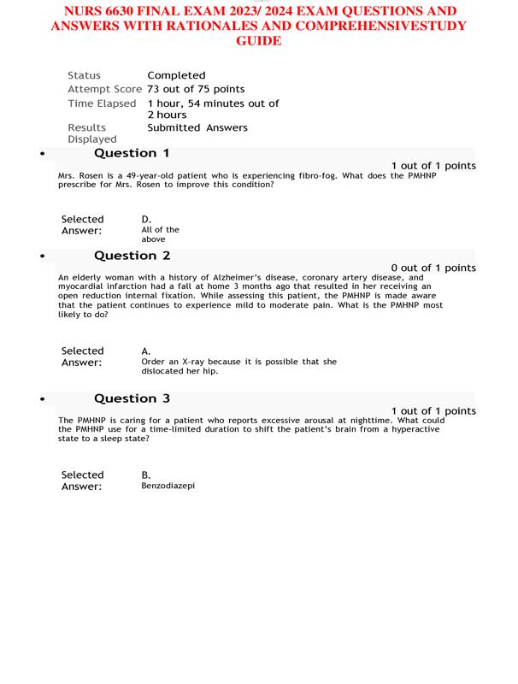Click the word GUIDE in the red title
258,41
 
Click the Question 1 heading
132,153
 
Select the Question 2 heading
132,256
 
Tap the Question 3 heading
132,398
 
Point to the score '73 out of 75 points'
196,89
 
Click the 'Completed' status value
176,75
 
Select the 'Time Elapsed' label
102,103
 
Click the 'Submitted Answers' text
197,127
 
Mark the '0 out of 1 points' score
433,268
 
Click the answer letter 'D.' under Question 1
146,219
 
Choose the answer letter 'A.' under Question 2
146,351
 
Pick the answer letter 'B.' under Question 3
146,475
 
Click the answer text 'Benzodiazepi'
168,486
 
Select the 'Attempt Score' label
104,89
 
